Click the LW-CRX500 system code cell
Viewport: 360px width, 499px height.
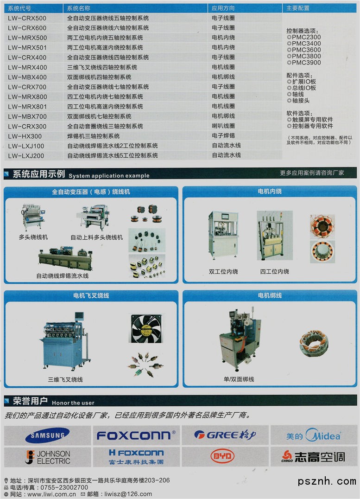[27, 18]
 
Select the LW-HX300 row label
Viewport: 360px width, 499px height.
[25, 136]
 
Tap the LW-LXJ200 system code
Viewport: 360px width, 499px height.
[26, 156]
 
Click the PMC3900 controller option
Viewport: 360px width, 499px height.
[304, 63]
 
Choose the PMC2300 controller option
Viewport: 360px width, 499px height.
[304, 37]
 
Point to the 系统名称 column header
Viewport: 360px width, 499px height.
[79, 8]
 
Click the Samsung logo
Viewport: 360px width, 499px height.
[47, 435]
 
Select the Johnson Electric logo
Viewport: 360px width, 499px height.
[48, 457]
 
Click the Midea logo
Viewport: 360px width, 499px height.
[314, 435]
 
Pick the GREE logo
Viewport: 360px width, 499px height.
[225, 435]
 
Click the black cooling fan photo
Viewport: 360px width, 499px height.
[146, 328]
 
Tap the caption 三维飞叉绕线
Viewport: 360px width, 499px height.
[65, 379]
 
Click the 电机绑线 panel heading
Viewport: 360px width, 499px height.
[270, 295]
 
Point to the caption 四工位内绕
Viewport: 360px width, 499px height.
[274, 271]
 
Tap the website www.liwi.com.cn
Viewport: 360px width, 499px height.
[51, 494]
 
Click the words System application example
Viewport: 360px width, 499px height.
[109, 176]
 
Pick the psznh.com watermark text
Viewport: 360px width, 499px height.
[327, 481]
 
